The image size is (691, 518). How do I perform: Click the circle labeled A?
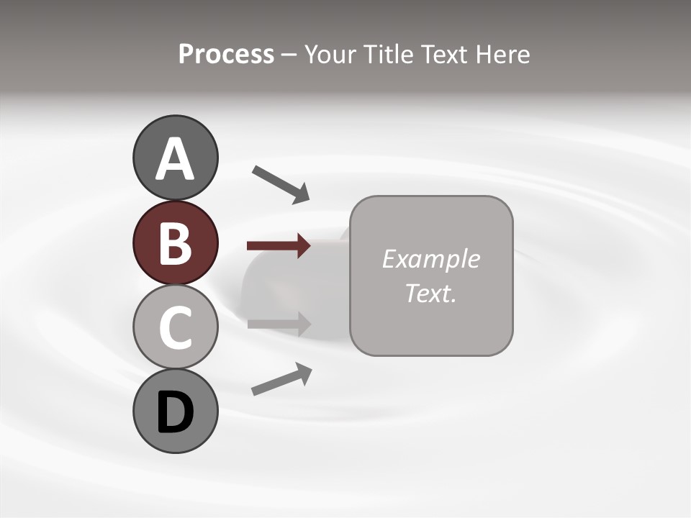pos(175,158)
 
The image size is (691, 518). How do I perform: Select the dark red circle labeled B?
pos(175,242)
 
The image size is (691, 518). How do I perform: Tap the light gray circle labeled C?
pos(175,327)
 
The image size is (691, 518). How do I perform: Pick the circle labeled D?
pos(175,411)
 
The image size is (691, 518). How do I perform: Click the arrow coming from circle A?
pos(281,183)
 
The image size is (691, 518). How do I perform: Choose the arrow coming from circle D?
pos(281,378)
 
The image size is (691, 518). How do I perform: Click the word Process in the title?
pos(226,55)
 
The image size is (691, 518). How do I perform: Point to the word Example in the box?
pos(430,259)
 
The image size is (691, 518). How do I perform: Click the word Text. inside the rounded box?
pos(430,294)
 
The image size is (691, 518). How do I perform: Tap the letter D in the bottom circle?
pos(175,412)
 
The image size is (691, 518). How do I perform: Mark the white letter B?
pos(175,243)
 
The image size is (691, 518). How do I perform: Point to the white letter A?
pos(175,159)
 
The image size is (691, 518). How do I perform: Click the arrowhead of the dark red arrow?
pos(304,246)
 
